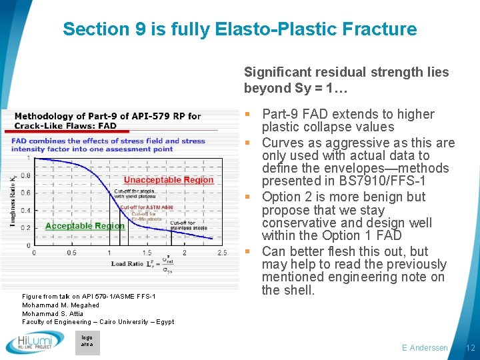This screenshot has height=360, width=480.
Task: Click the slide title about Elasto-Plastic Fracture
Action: pos(239,29)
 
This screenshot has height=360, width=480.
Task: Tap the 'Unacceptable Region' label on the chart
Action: pos(169,180)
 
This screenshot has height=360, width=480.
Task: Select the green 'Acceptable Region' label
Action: pos(85,225)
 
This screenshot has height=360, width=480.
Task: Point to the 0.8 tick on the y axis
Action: pos(25,176)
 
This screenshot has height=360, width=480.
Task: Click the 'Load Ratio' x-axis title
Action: pos(126,265)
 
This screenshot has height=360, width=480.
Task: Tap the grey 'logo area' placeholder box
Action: pos(87,342)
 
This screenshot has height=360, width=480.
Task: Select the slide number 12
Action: pos(470,348)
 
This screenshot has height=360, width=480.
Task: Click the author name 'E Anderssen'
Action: pos(425,348)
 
